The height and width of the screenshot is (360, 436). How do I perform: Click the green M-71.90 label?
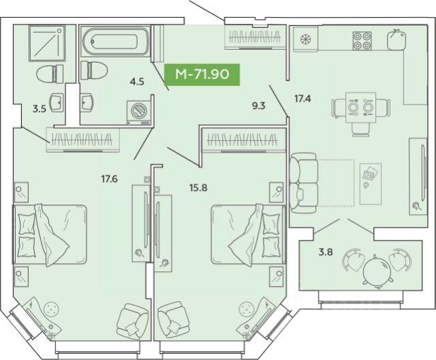coord(202,74)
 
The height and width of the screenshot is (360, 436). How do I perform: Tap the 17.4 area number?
coord(302,98)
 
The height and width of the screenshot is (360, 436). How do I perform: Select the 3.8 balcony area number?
coord(326,252)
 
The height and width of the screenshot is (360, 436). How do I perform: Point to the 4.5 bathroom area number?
coord(137,82)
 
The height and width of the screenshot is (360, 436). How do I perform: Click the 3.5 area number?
coord(40,109)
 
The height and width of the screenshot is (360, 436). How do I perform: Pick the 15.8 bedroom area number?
coord(198,187)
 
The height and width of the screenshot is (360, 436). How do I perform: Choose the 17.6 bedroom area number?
coord(109,179)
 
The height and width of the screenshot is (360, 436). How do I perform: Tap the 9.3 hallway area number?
coord(259,106)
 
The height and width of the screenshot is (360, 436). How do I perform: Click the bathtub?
coord(115,42)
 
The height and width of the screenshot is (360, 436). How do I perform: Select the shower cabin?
coord(47,43)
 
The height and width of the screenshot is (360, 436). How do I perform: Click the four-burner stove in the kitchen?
coord(362,41)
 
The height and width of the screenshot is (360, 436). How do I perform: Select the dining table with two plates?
coord(360,108)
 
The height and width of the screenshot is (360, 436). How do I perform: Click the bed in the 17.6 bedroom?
coord(50,235)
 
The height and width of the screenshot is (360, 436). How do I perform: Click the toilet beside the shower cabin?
coord(50,74)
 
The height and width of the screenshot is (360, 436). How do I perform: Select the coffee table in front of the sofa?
coord(371,183)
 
